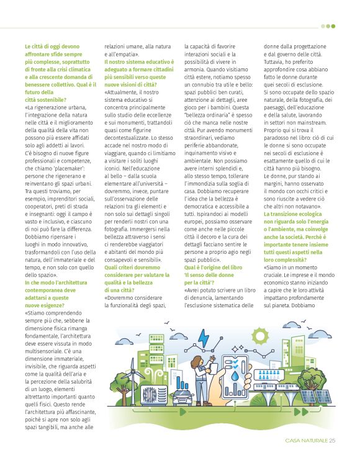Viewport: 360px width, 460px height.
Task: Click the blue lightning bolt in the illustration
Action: (x=203, y=339)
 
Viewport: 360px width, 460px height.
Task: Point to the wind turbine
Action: (x=132, y=380)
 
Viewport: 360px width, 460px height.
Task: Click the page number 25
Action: (x=333, y=441)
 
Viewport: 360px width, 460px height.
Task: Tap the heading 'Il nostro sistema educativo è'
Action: (x=139, y=61)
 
